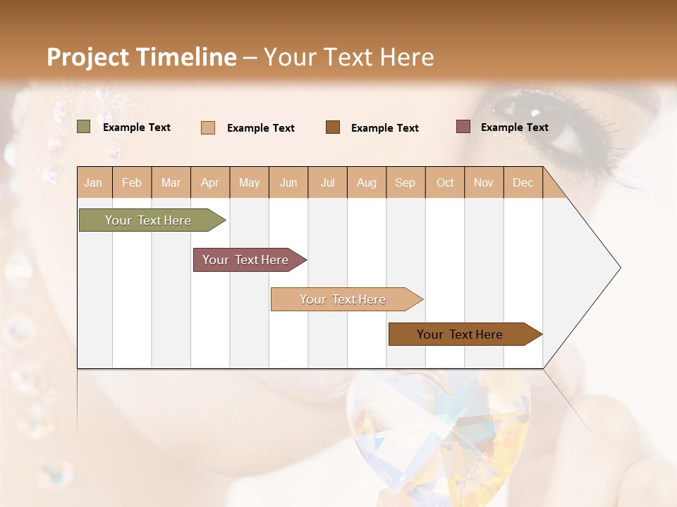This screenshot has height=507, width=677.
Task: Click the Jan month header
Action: tap(93, 182)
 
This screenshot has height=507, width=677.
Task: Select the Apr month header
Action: tap(210, 182)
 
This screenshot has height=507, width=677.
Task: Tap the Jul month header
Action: tap(327, 182)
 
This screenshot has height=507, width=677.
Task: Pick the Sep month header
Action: tap(405, 182)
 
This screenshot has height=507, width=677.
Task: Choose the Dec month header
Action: tap(523, 182)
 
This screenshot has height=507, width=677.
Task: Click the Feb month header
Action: tap(132, 182)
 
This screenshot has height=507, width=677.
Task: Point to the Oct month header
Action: tap(445, 182)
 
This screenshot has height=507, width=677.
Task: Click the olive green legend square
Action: tap(84, 127)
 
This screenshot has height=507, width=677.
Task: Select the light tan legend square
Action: tap(208, 127)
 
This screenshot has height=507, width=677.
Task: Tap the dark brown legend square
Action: tap(333, 127)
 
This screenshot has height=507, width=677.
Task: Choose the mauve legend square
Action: tap(463, 127)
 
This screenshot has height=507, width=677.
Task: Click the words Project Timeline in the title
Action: tap(141, 57)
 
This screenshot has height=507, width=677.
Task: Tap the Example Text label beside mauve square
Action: tap(514, 127)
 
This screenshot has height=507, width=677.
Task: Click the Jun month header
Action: tap(288, 182)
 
